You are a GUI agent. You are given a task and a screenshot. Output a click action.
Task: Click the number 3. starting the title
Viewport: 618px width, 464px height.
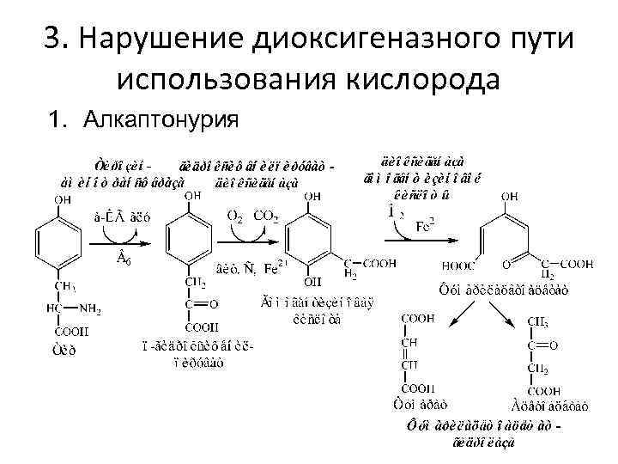click(54, 40)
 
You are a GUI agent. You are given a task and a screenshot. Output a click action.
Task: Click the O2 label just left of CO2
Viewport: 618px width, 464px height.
click(234, 217)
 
